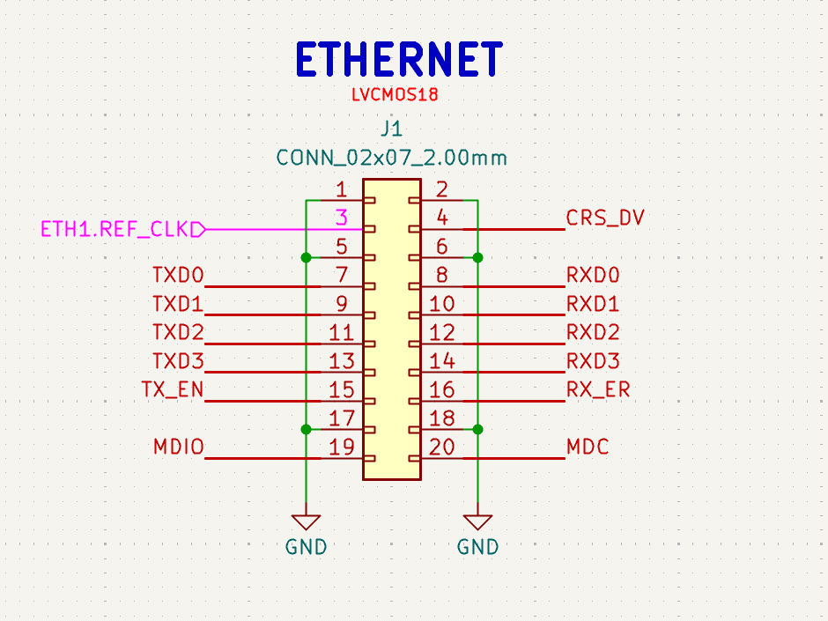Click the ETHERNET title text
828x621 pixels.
pos(399,59)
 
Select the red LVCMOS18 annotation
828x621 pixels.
pos(395,94)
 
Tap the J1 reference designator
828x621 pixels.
pos(391,129)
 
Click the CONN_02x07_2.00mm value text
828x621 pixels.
pos(391,158)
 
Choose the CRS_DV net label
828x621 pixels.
pos(605,218)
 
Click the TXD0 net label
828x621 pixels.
pos(178,275)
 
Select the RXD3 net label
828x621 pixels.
pos(593,360)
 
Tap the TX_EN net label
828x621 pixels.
pos(173,389)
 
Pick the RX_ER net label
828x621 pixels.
pos(598,389)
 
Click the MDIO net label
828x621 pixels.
pos(179,447)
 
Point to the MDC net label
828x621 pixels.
pos(588,447)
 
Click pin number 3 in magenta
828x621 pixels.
pos(342,218)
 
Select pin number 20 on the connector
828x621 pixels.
pos(441,447)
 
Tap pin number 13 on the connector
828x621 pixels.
pos(341,360)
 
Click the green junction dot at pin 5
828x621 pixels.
pos(306,258)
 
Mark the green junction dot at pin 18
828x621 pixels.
pos(478,429)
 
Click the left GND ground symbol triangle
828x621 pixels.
pos(306,521)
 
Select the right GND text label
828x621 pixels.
pos(478,547)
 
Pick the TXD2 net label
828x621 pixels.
pos(178,332)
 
